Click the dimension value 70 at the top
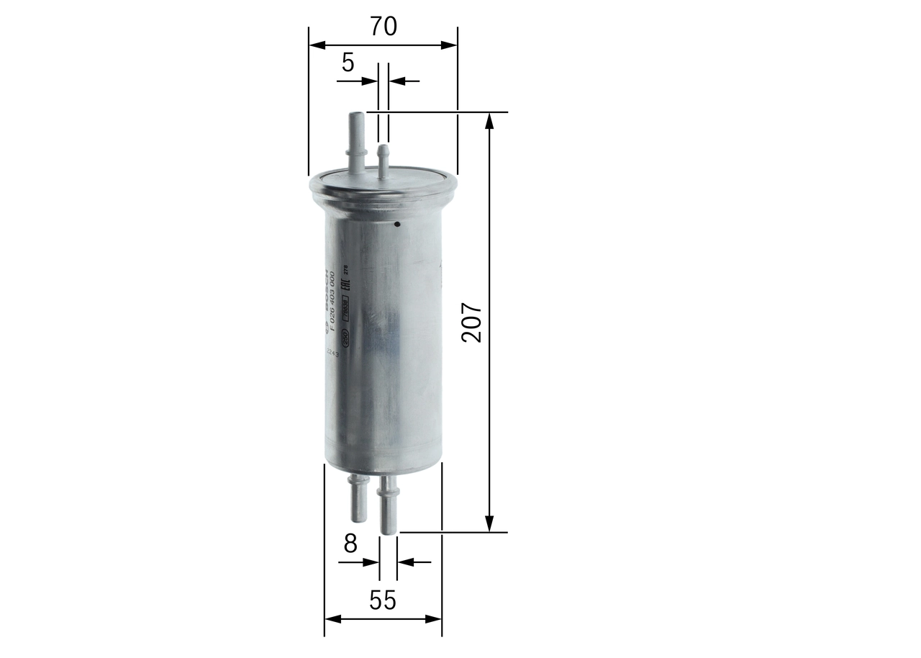coord(384,27)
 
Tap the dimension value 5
coord(348,63)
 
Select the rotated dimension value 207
coord(473,323)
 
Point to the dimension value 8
coord(350,544)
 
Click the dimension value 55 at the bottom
coord(383,600)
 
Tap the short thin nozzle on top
coord(384,161)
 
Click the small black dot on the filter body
coord(396,224)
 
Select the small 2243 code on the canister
coord(332,353)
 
